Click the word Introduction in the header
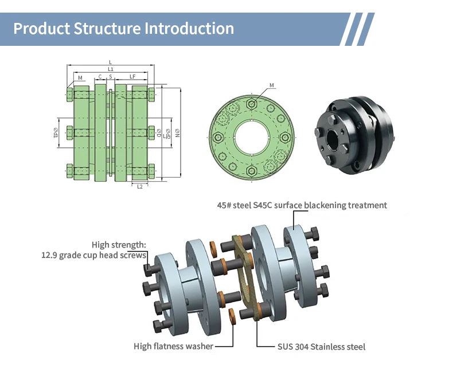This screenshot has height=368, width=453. pyautogui.click(x=189, y=28)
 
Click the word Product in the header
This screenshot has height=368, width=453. pyautogui.click(x=42, y=29)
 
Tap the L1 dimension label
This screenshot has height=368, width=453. pyautogui.click(x=110, y=69)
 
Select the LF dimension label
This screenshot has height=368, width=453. pyautogui.click(x=132, y=77)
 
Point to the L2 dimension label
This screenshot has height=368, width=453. pyautogui.click(x=140, y=187)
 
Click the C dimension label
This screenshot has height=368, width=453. pyautogui.click(x=100, y=77)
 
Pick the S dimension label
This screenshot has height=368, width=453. pyautogui.click(x=110, y=77)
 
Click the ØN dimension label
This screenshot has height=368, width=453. pyautogui.click(x=177, y=133)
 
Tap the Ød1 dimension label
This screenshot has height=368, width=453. pyautogui.click(x=56, y=133)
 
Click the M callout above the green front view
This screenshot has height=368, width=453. pyautogui.click(x=272, y=85)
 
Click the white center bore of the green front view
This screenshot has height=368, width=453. pyautogui.click(x=252, y=138)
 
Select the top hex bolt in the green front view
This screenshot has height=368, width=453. pyautogui.click(x=252, y=104)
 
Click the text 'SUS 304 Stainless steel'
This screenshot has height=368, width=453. pyautogui.click(x=321, y=347)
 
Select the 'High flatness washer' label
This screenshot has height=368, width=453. pyautogui.click(x=173, y=346)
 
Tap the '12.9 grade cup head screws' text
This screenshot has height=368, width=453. pyautogui.click(x=93, y=255)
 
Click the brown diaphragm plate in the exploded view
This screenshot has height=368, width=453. pyautogui.click(x=246, y=277)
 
